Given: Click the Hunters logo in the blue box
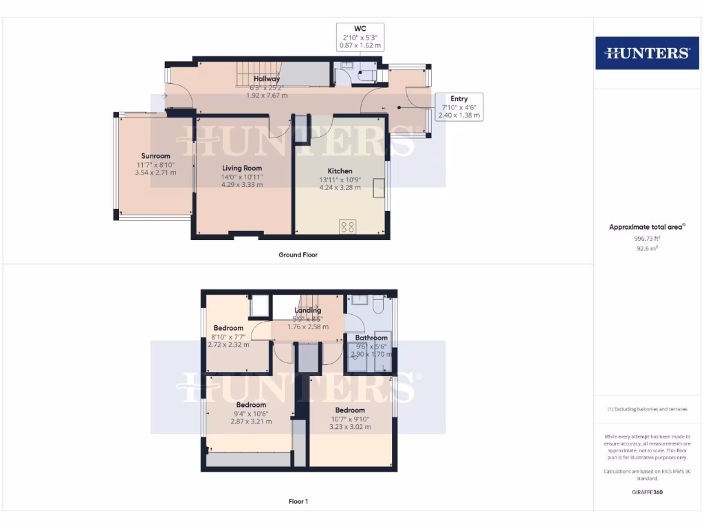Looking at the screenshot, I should [646, 53].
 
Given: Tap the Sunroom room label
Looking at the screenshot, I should [155, 156].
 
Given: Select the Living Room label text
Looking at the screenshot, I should [242, 168].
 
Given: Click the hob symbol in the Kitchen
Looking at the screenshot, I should [348, 227].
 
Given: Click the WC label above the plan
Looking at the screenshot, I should [360, 29].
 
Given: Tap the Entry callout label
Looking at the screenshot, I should [459, 99].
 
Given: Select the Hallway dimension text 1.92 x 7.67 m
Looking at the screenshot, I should [267, 96].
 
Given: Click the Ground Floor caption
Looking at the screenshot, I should [298, 254].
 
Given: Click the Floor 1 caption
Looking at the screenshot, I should [298, 502].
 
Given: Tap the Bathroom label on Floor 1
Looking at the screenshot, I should [371, 338].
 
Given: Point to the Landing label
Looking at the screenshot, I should [308, 310].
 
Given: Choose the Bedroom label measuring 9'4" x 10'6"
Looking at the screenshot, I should [251, 405].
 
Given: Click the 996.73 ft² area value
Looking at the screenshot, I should [646, 238].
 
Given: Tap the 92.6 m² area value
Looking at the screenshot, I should [646, 248].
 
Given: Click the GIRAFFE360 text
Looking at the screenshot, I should [646, 492].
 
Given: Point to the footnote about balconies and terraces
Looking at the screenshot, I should [646, 409].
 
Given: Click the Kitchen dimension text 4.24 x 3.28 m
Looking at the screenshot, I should [340, 187].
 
